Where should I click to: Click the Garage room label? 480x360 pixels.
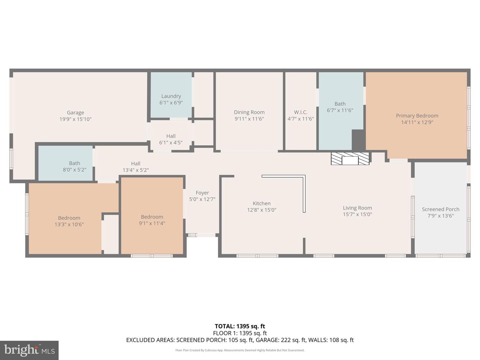click(75, 113)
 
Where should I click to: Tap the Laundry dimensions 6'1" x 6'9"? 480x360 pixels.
click(171, 103)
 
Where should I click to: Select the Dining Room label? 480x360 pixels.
click(249, 112)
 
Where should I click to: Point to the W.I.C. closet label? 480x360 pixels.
click(301, 112)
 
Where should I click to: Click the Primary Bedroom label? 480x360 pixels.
click(417, 116)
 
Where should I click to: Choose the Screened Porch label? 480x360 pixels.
click(440, 209)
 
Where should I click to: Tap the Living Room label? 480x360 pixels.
click(357, 208)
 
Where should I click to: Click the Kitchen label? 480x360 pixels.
click(262, 203)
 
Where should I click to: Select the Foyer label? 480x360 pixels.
click(202, 193)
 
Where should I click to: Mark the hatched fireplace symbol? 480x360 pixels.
click(350, 159)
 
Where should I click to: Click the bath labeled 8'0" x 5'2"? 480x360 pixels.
click(74, 166)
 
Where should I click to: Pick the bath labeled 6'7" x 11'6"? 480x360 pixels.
click(340, 107)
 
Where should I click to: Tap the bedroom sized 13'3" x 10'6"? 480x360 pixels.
click(69, 221)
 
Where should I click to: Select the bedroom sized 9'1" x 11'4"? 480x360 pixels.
click(152, 220)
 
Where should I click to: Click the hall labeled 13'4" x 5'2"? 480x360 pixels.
click(136, 167)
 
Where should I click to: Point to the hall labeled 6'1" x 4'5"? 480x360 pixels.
click(171, 139)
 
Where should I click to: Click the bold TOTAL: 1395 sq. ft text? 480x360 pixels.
click(240, 326)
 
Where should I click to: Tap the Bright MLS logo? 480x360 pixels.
click(29, 350)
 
